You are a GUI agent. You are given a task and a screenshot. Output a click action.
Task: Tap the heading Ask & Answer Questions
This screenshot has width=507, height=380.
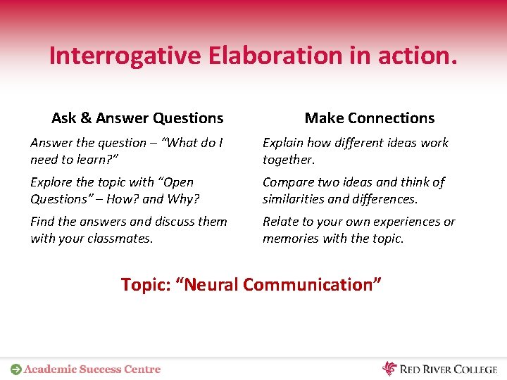point(137,118)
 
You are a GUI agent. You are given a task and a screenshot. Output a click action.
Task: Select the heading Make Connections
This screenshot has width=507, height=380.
point(369,118)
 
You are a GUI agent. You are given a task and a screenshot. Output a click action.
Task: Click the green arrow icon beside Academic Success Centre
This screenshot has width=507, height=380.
point(15,369)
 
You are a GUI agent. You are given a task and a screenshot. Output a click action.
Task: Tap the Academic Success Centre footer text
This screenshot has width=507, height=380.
point(92,369)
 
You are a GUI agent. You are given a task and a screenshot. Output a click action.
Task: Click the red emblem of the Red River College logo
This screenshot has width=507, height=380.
point(389,368)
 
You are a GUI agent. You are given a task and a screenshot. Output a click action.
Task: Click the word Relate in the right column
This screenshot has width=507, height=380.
point(280,222)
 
